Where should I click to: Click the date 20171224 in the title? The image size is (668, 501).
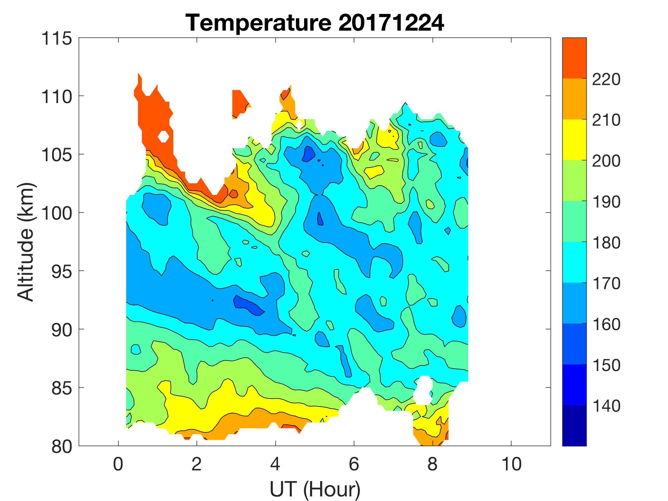pos(391,23)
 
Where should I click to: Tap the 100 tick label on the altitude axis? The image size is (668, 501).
pos(57,213)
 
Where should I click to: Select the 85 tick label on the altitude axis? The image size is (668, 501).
pos(62,388)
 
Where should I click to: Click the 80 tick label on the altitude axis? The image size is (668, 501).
pos(62,446)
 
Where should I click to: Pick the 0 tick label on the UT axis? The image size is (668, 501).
pos(118,464)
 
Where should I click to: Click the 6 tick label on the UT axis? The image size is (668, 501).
pos(354,464)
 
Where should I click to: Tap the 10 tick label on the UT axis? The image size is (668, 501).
pos(511,464)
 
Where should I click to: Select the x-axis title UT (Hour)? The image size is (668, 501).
pos(315,489)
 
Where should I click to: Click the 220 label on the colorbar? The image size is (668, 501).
pos(606,80)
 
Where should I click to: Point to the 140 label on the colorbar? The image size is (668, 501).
pos(606,406)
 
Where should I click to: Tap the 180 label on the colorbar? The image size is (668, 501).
pos(606,243)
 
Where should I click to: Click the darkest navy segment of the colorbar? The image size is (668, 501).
pos(574,426)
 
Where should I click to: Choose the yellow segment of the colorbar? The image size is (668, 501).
pos(574,139)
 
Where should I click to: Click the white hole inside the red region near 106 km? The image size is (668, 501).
pos(163,137)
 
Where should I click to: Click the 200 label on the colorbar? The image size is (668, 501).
pos(606,161)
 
